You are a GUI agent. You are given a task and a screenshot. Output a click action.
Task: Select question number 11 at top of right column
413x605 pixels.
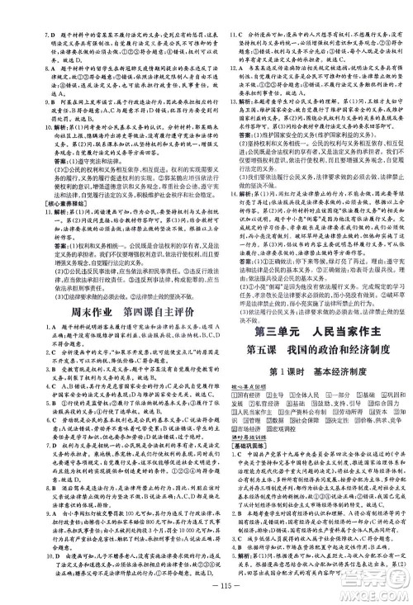pos(224,12)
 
